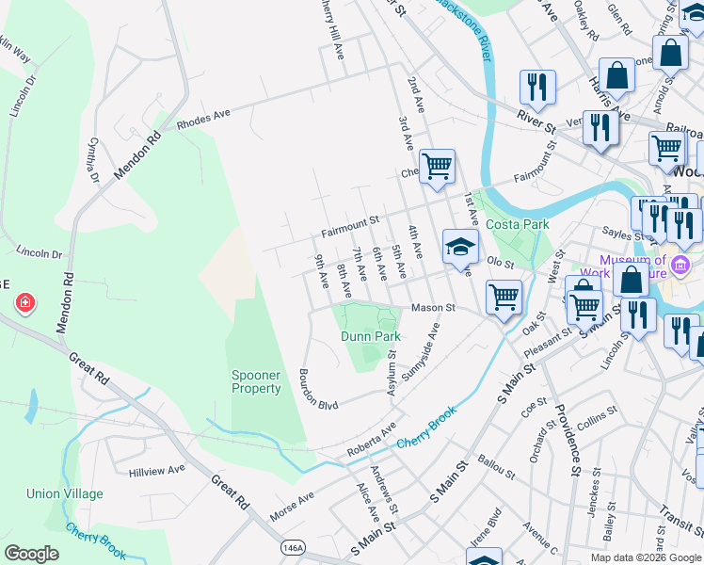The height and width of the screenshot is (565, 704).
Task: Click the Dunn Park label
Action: click(370, 336)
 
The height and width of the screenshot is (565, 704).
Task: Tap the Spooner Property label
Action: click(257, 381)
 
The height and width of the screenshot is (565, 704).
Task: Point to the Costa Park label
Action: click(517, 225)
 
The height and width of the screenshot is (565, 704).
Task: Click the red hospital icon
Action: click(25, 303)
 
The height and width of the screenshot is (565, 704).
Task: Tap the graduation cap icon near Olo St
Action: click(460, 248)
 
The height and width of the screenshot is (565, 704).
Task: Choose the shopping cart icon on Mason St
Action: click(504, 297)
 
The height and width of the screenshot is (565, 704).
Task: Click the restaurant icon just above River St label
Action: click(536, 88)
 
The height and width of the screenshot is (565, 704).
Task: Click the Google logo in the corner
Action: click(31, 554)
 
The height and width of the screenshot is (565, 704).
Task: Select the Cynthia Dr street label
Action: click(92, 159)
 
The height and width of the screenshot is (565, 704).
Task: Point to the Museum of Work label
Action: click(632, 266)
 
